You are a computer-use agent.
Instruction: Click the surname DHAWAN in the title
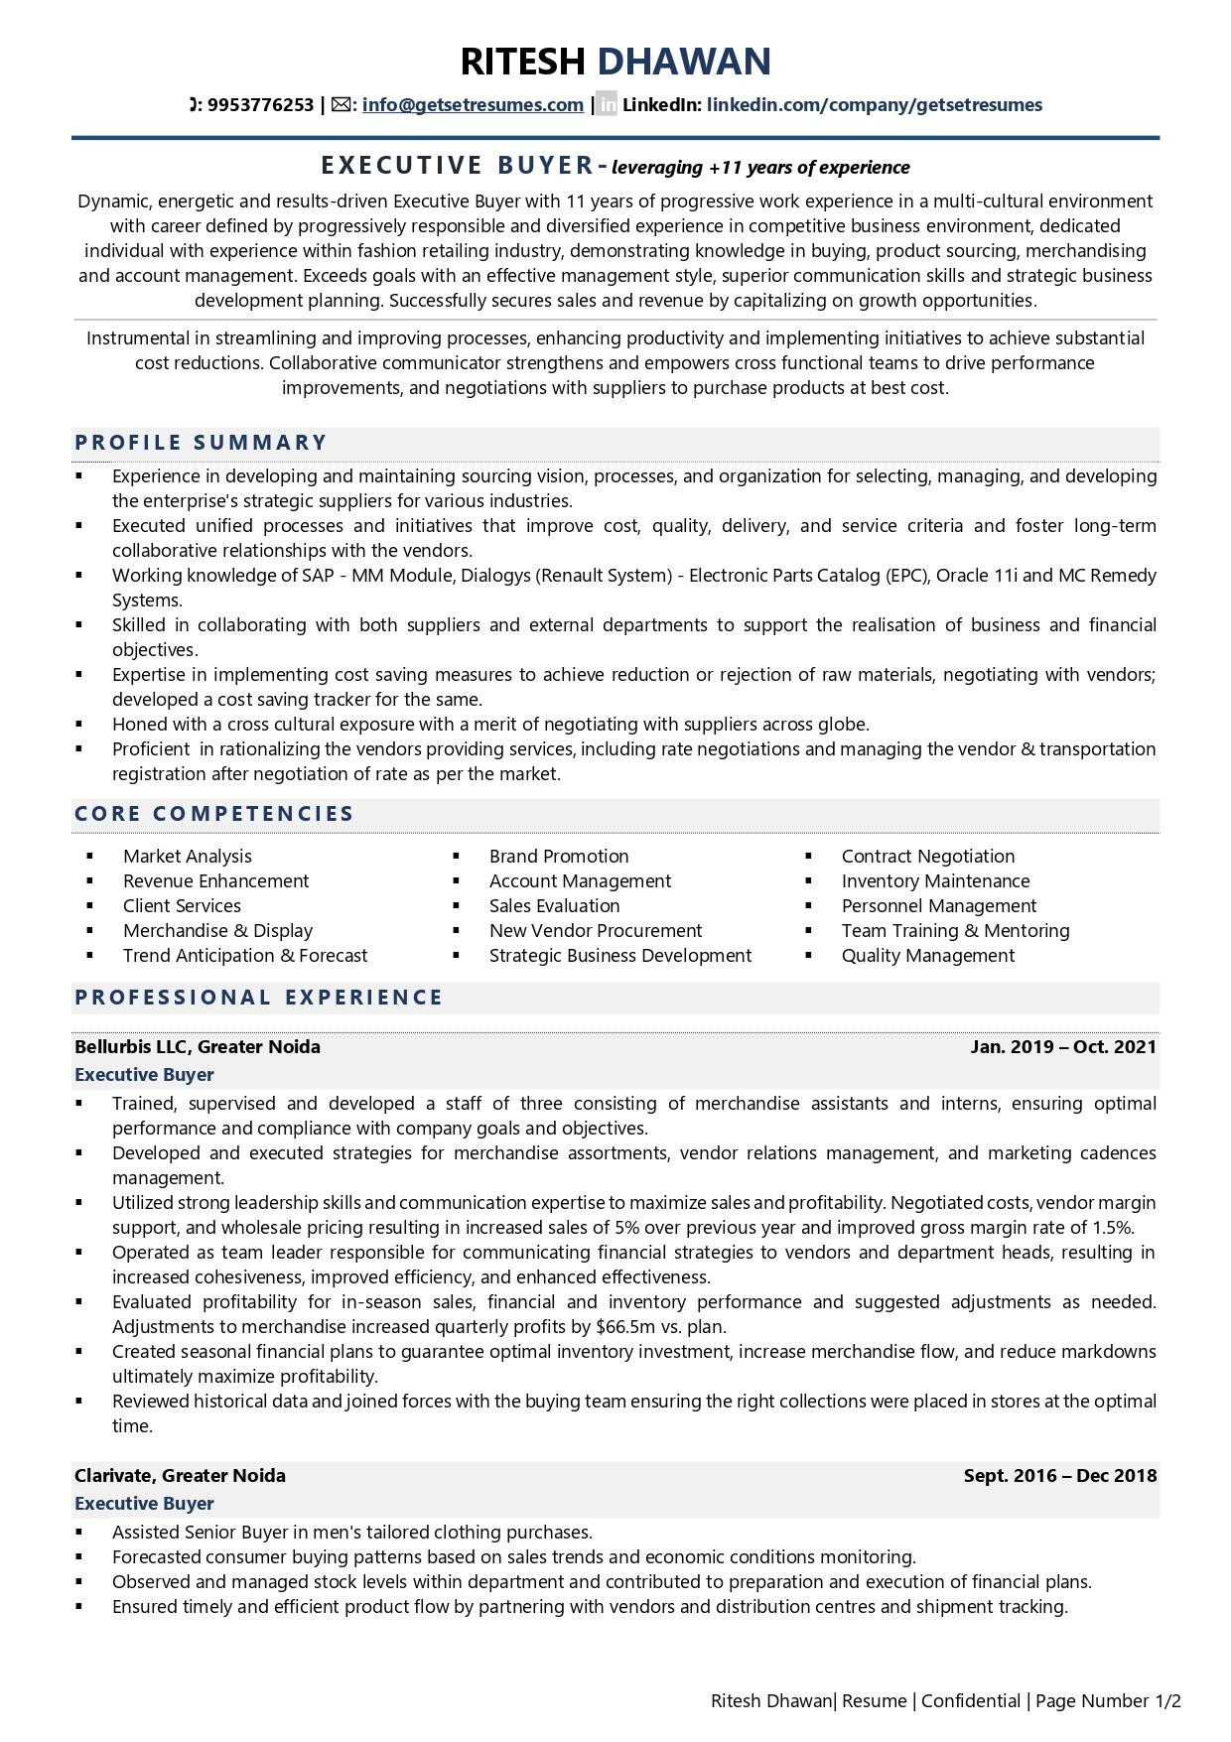pos(684,62)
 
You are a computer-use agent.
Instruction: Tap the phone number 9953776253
pos(260,105)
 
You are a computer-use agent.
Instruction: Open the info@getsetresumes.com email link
pos(473,105)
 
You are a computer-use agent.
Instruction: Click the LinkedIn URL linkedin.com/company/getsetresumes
pos(874,105)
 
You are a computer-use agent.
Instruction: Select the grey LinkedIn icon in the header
pos(607,104)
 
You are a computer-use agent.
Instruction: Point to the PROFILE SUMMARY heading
pos(201,443)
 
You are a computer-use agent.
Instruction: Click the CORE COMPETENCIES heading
pos(214,814)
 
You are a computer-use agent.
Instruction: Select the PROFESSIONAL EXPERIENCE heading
pos(259,998)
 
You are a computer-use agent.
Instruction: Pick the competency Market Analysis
pos(187,857)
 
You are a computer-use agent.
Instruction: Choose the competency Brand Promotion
pos(559,857)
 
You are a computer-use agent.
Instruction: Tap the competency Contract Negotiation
pos(928,857)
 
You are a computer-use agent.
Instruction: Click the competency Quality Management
pos(928,956)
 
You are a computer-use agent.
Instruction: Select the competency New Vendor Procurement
pos(596,931)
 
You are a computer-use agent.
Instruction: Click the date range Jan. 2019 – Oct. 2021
pos(1063,1047)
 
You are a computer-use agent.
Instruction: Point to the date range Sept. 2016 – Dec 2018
pos(1060,1476)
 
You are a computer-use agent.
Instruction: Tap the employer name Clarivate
pos(113,1476)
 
